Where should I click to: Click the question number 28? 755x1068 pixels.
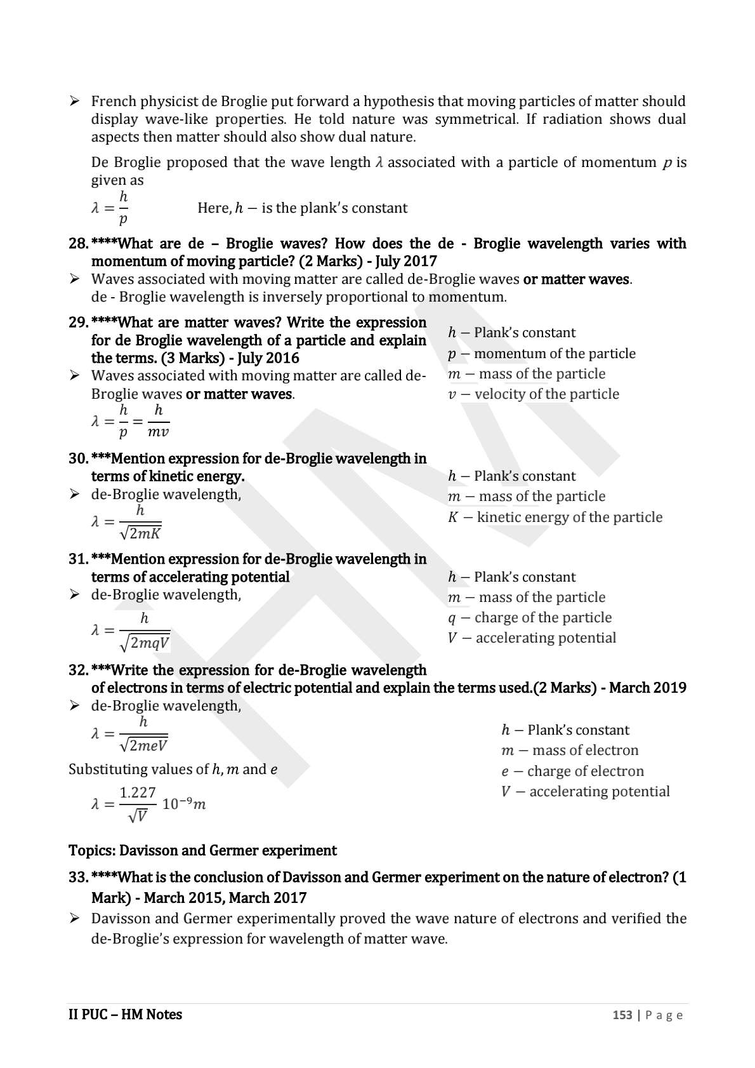pyautogui.click(x=78, y=244)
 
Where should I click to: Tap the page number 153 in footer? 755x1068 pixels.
pyautogui.click(x=622, y=1015)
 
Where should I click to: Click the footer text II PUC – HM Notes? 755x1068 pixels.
pyautogui.click(x=125, y=1015)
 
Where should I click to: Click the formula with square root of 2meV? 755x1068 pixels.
pyautogui.click(x=131, y=734)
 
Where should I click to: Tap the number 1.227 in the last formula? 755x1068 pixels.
pyautogui.click(x=138, y=792)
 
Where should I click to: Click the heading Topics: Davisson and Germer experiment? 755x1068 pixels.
pyautogui.click(x=202, y=850)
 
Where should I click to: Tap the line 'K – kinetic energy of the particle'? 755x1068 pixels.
pyautogui.click(x=555, y=517)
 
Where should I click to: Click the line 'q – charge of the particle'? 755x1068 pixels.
pyautogui.click(x=529, y=618)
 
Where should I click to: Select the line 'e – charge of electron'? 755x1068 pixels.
pyautogui.click(x=572, y=771)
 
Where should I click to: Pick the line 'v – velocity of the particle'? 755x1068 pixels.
pyautogui.click(x=533, y=394)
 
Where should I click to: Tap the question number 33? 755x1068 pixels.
pyautogui.click(x=78, y=878)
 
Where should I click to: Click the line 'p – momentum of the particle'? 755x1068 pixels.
pyautogui.click(x=541, y=354)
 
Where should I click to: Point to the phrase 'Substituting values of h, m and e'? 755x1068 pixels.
pyautogui.click(x=173, y=770)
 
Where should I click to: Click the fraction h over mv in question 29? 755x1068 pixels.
pyautogui.click(x=158, y=422)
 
